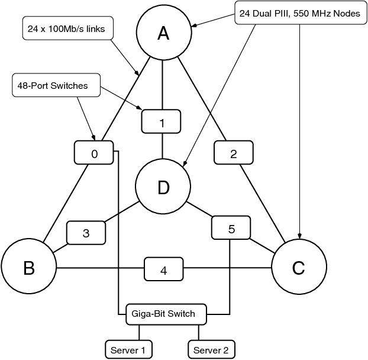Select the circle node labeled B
click(x=28, y=268)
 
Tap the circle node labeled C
click(x=299, y=268)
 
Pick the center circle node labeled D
click(x=163, y=187)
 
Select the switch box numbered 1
click(x=162, y=123)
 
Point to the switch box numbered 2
click(x=233, y=153)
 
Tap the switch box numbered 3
click(x=86, y=233)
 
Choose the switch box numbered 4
click(x=164, y=269)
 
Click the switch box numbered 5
click(x=231, y=228)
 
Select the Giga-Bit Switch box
click(x=166, y=314)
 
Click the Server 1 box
click(x=128, y=350)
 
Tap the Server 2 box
click(x=211, y=350)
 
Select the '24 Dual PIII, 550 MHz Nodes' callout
click(x=299, y=13)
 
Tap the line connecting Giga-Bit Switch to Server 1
click(x=140, y=332)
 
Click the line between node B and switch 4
click(x=101, y=269)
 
